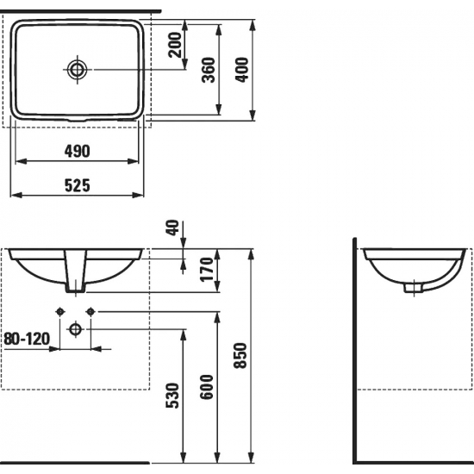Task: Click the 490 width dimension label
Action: tap(78, 150)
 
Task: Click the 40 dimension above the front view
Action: tap(173, 228)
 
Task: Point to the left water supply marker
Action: tap(60, 310)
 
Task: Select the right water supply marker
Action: tap(90, 310)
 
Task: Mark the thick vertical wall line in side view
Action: tap(355, 353)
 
